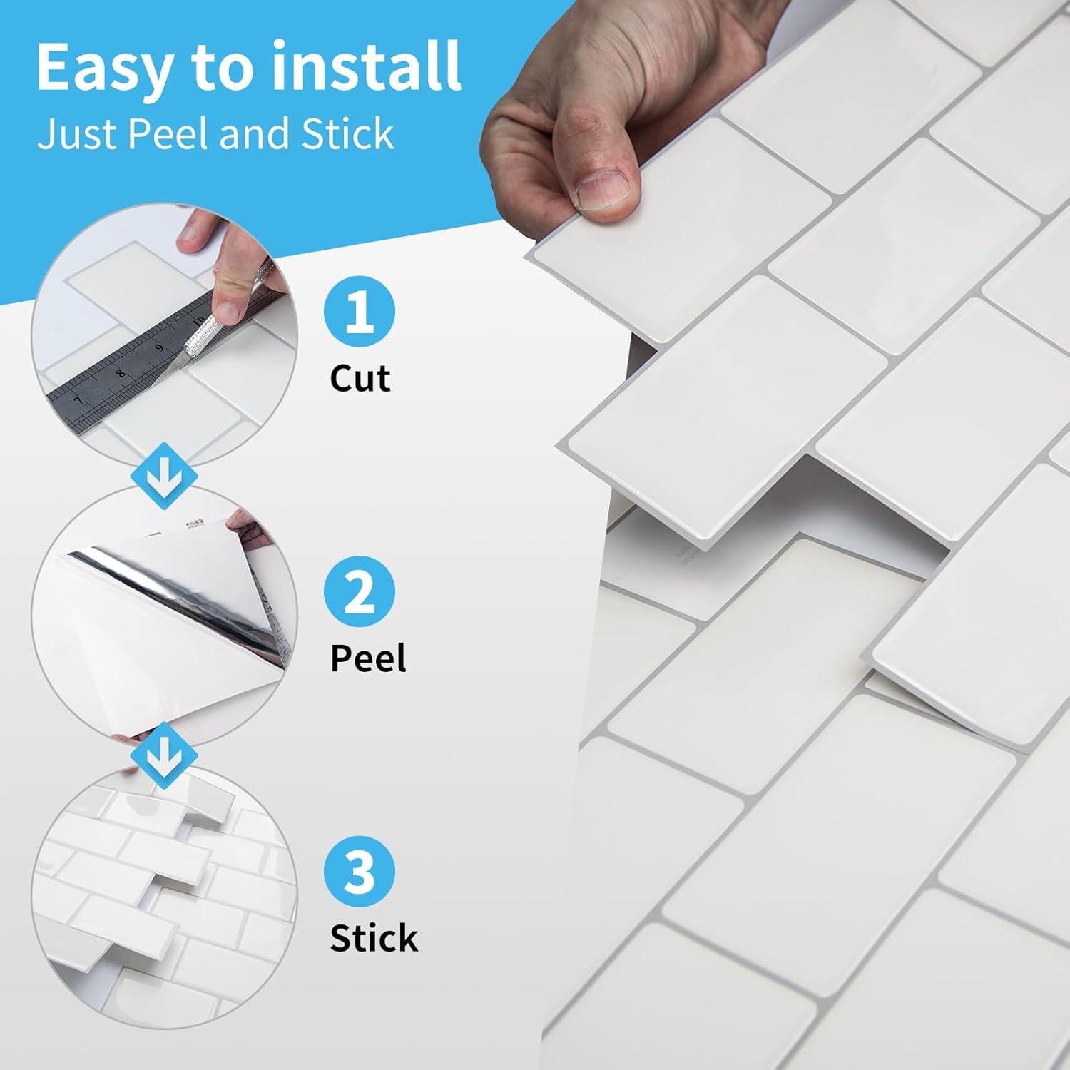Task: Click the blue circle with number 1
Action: point(360,313)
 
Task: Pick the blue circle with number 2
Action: point(360,592)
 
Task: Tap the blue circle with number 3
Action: point(360,872)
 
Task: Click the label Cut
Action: point(360,379)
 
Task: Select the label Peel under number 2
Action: point(368,658)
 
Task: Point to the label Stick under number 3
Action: point(374,937)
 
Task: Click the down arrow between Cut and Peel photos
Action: point(165,475)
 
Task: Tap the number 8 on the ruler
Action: point(121,371)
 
